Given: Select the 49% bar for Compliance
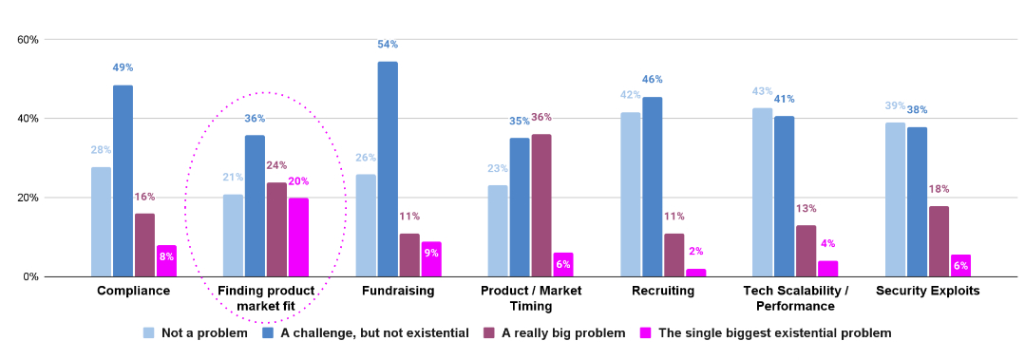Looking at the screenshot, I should pyautogui.click(x=123, y=180).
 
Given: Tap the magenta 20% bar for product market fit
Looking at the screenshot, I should pyautogui.click(x=298, y=237).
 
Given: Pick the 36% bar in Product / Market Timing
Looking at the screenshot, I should pyautogui.click(x=541, y=205).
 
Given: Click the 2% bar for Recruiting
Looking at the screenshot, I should pyautogui.click(x=696, y=273).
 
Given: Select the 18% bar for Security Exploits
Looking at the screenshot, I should pyautogui.click(x=939, y=241).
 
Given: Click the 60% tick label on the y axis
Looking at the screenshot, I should pyautogui.click(x=27, y=40).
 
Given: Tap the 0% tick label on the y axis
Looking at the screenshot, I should pyautogui.click(x=29, y=277).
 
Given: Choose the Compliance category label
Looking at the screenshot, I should pyautogui.click(x=133, y=291).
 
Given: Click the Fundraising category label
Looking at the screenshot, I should pyautogui.click(x=398, y=291).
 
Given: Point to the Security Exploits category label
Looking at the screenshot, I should pyautogui.click(x=927, y=291).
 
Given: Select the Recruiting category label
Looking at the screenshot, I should pyautogui.click(x=662, y=291).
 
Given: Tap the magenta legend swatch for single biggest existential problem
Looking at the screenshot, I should pyautogui.click(x=646, y=333).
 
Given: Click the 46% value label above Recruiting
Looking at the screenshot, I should pyautogui.click(x=652, y=80).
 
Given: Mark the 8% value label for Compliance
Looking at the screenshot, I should pyautogui.click(x=167, y=256).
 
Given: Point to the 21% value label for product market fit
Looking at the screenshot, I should pyautogui.click(x=234, y=178).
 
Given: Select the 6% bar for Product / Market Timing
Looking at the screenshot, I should pyautogui.click(x=563, y=265).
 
